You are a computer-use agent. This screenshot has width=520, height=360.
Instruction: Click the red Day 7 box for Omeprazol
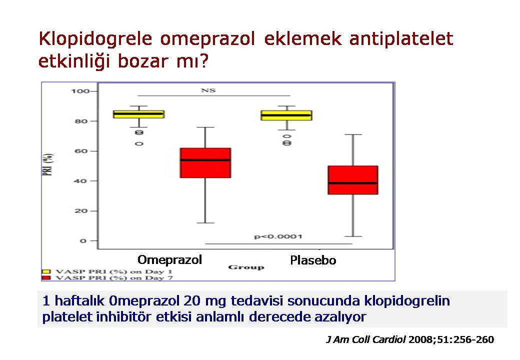coord(205,163)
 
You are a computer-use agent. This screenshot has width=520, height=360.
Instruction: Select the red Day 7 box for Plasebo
coord(353,180)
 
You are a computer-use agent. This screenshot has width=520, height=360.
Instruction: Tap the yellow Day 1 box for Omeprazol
coord(139,114)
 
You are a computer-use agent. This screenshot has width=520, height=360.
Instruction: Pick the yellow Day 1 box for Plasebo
coord(286,115)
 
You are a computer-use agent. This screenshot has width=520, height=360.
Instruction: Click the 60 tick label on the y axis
coord(81,151)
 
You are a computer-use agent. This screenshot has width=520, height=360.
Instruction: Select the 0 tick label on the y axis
coord(83,241)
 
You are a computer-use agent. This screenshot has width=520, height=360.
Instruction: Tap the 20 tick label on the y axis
coord(81,211)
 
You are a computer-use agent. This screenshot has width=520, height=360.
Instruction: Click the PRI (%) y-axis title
coord(48,165)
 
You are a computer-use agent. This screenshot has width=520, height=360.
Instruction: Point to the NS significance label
coord(208,90)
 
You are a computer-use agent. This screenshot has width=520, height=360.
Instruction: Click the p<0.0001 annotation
coord(278,236)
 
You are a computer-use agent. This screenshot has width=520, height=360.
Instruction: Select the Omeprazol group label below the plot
coord(170,260)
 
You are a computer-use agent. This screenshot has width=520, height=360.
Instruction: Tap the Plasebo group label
coord(313,260)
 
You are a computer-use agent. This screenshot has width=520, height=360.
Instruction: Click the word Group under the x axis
coord(246,267)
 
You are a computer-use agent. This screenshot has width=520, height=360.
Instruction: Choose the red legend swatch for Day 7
coord(46,278)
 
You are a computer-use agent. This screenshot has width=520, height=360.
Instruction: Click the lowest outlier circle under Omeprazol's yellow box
coord(139,144)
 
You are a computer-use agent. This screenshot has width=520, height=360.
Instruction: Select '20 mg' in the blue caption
coord(204,301)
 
